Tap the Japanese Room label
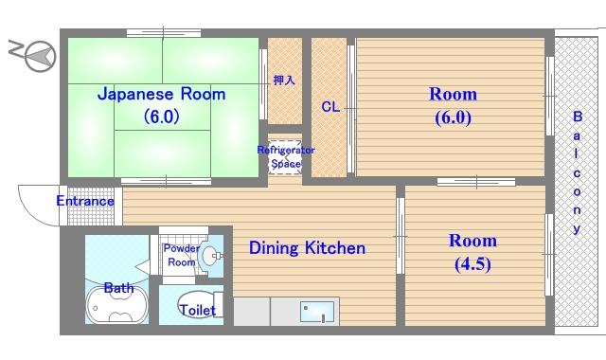point(162,95)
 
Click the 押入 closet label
point(284,80)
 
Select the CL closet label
point(330,107)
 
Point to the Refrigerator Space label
point(286,156)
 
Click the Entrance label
point(85,201)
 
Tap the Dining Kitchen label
point(307,248)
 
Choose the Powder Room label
point(181,255)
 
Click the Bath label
point(118,288)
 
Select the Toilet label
point(198,310)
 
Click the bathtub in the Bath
point(116,305)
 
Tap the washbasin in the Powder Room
point(210,256)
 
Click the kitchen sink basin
point(317,312)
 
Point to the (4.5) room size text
point(472,264)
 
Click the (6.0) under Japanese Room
point(162,116)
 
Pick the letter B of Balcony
point(578,117)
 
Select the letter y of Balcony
point(577,229)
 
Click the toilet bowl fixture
point(196,305)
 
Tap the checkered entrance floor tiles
point(91,206)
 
